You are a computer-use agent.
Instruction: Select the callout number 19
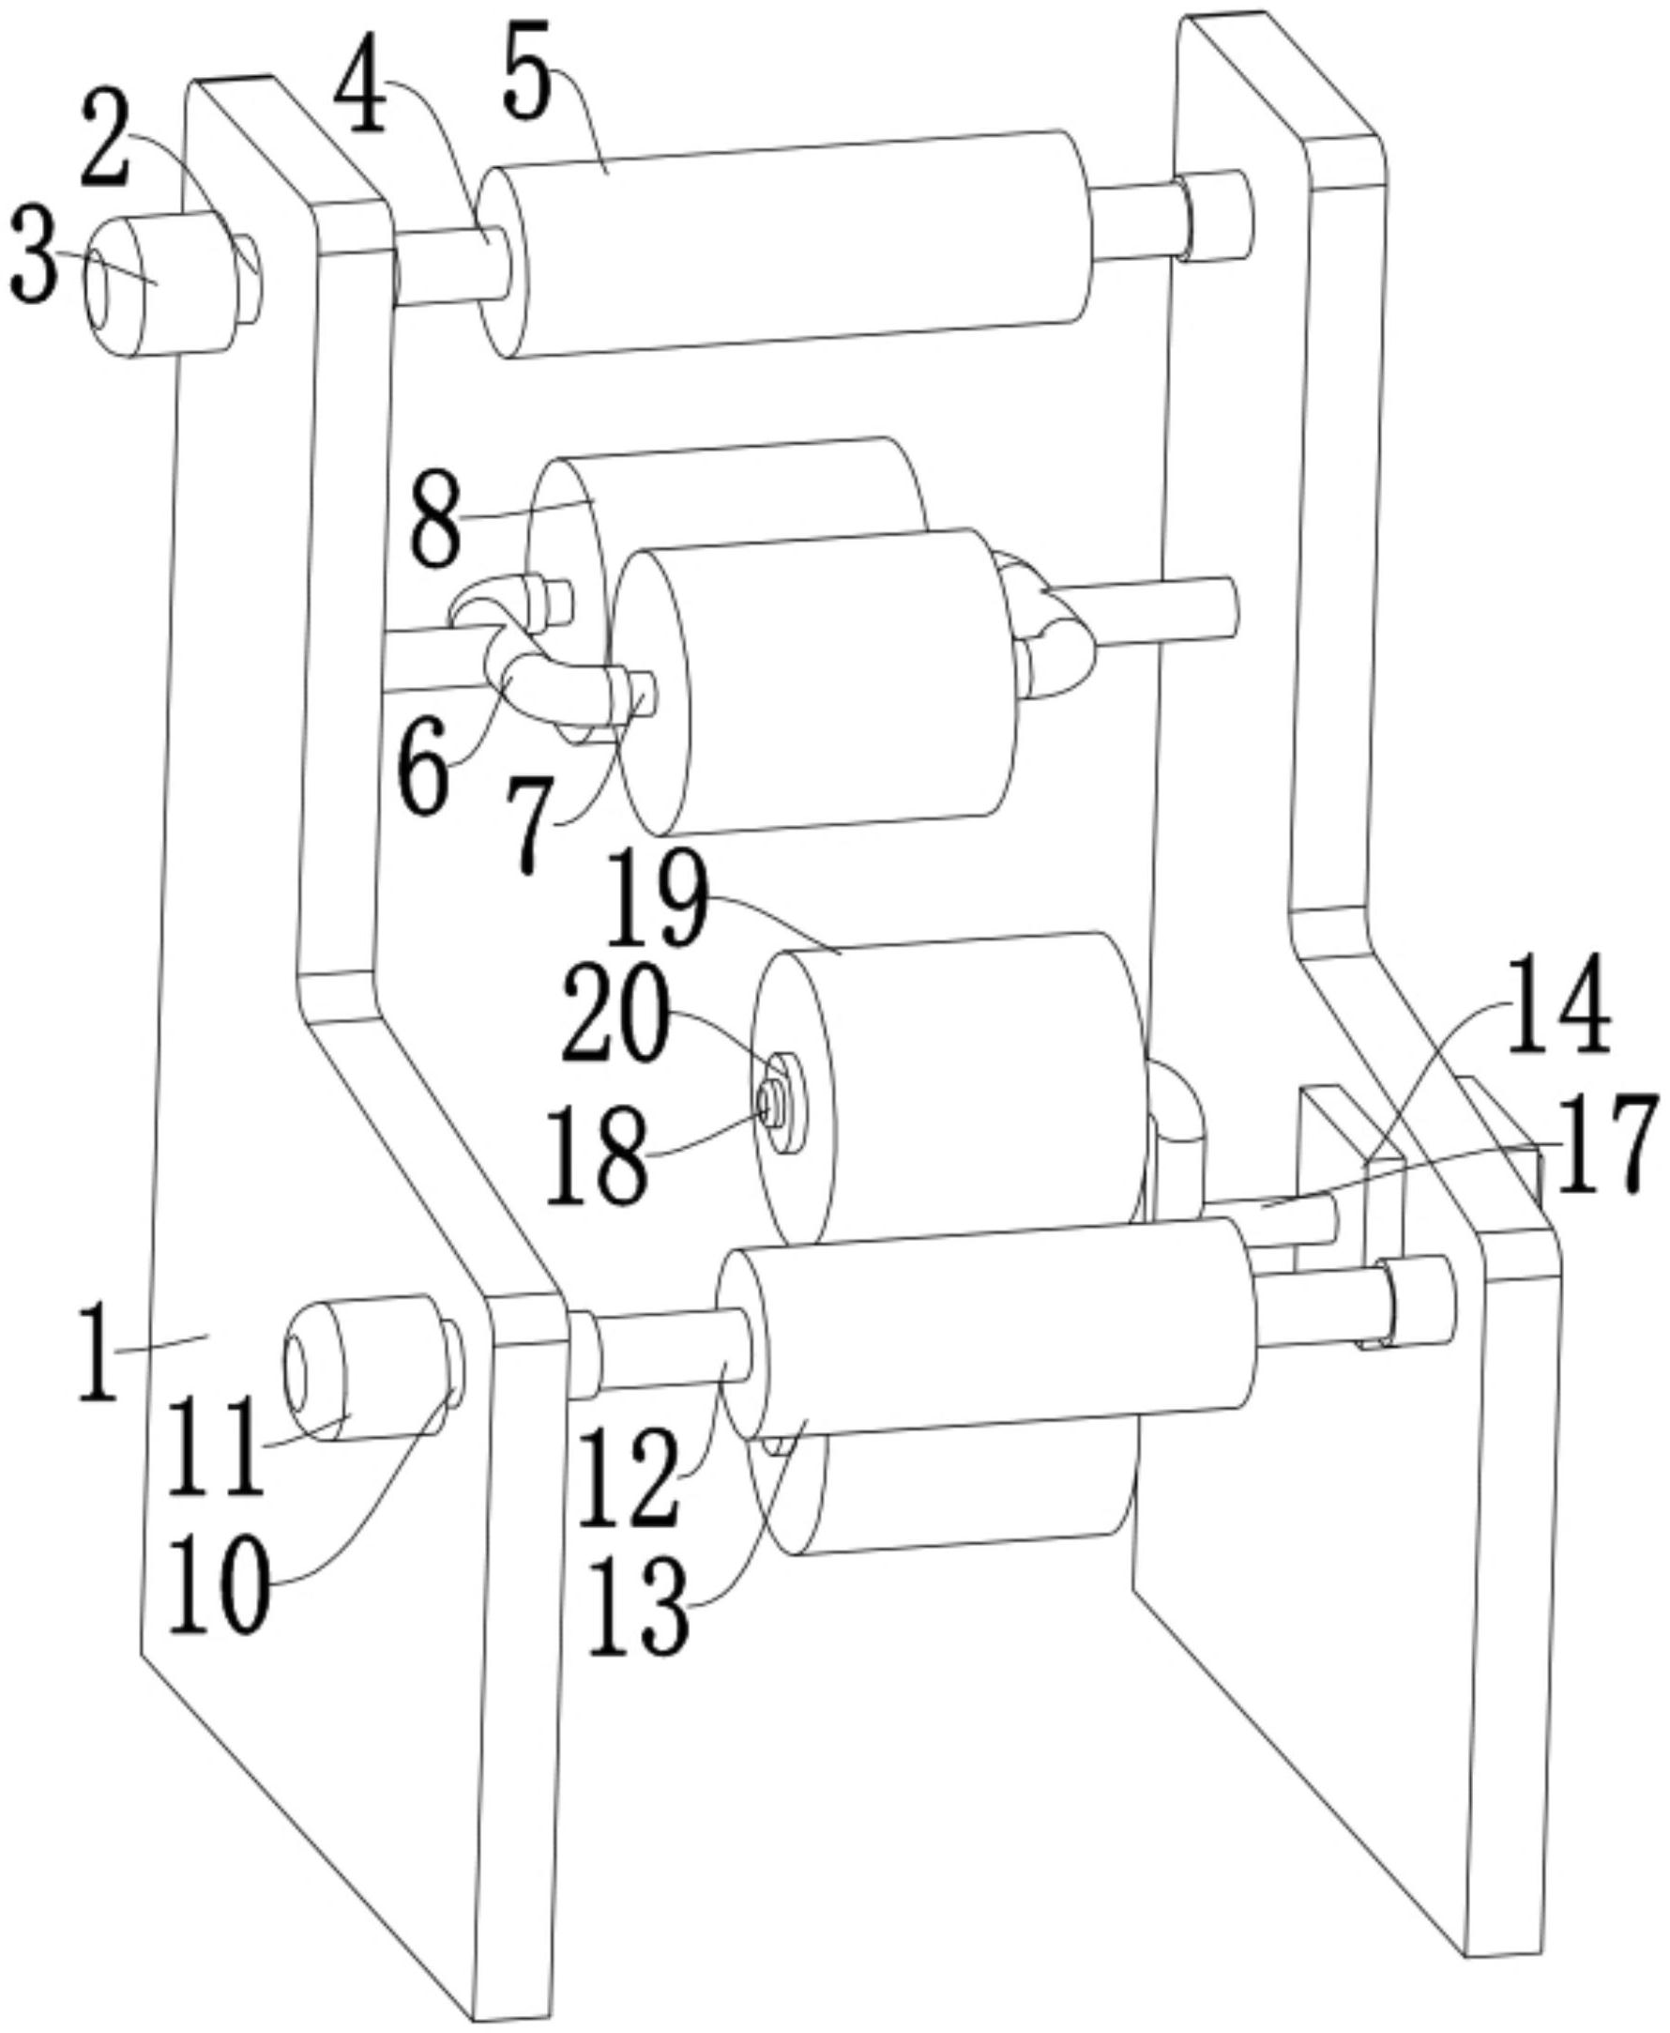tap(657, 904)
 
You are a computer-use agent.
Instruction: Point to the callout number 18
tap(597, 1154)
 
